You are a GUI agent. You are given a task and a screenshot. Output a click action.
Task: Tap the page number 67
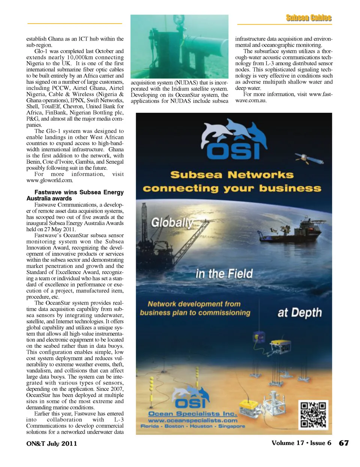pyautogui.click(x=343, y=443)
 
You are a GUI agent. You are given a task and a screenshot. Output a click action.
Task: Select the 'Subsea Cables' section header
pyautogui.click(x=309, y=18)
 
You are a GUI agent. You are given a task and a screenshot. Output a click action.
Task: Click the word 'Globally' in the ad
pyautogui.click(x=172, y=223)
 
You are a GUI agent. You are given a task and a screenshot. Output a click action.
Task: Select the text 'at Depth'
pyautogui.click(x=299, y=313)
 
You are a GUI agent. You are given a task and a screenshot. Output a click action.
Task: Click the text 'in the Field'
pyautogui.click(x=224, y=274)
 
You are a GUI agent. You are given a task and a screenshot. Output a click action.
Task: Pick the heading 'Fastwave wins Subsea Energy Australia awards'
pyautogui.click(x=75, y=195)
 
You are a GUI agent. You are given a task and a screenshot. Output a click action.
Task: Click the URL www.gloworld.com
pyautogui.click(x=49, y=180)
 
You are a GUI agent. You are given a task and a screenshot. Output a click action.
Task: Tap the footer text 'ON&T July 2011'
pyautogui.click(x=52, y=443)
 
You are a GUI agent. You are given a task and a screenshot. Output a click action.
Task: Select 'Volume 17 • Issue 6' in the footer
pyautogui.click(x=301, y=443)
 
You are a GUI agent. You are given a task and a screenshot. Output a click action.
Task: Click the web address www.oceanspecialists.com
pyautogui.click(x=193, y=420)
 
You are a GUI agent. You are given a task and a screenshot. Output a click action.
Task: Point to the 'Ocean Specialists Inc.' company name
pyautogui.click(x=193, y=414)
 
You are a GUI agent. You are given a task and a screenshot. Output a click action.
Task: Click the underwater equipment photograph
pyautogui.click(x=179, y=46)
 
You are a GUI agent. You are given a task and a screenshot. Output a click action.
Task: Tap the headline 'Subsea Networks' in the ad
pyautogui.click(x=232, y=175)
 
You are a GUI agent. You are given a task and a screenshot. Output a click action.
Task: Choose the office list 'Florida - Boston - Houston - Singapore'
pyautogui.click(x=193, y=426)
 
